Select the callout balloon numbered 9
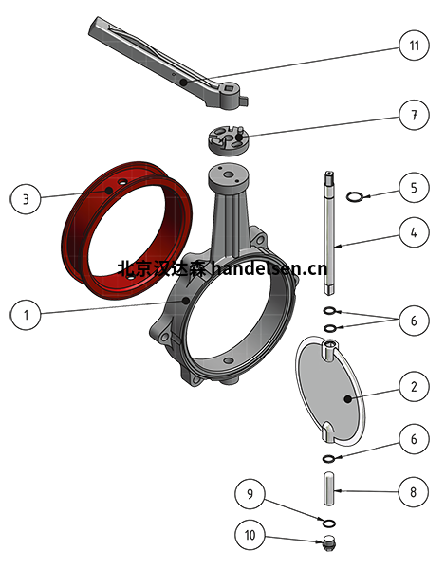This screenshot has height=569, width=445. tap(250, 494)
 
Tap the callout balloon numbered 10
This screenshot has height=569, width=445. tap(250, 535)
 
